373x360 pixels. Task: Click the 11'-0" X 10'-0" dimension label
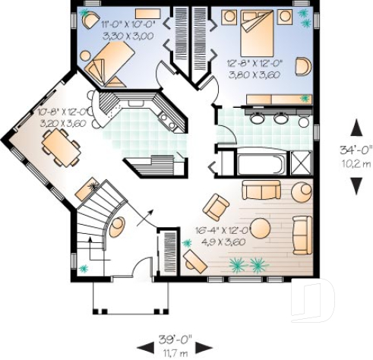128,25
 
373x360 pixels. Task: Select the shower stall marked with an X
302,164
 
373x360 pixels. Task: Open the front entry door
140,270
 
